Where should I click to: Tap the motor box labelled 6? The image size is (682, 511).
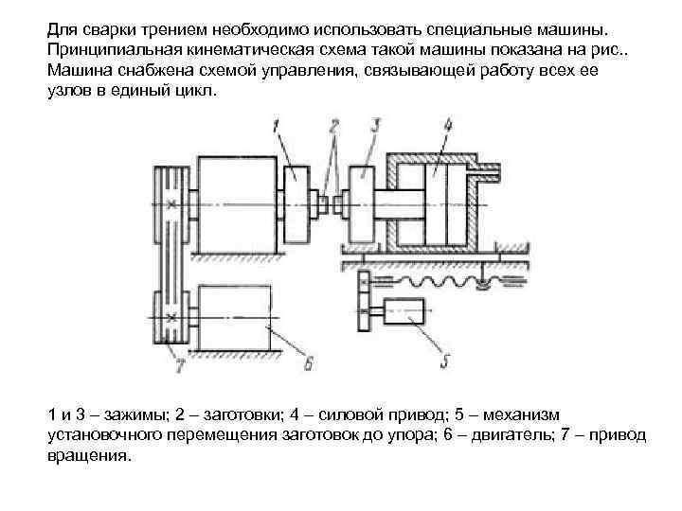pos(237,317)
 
